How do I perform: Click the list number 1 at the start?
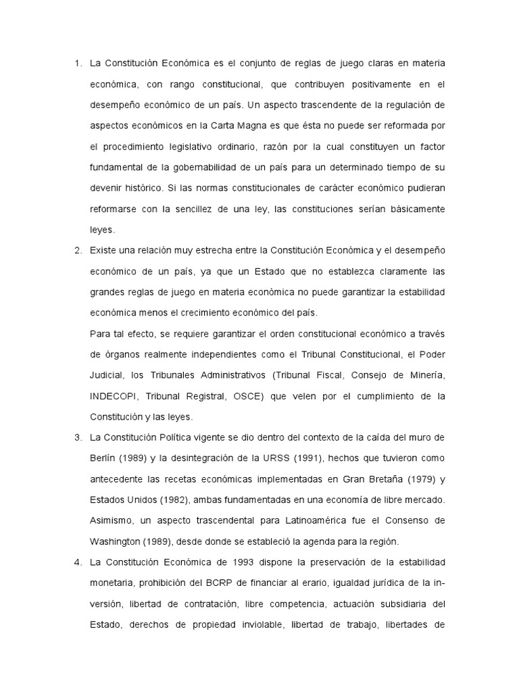click(77, 64)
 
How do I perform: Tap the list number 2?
click(77, 250)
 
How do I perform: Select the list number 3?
click(77, 437)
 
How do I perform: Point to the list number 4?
click(77, 562)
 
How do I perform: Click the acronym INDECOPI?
click(115, 395)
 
